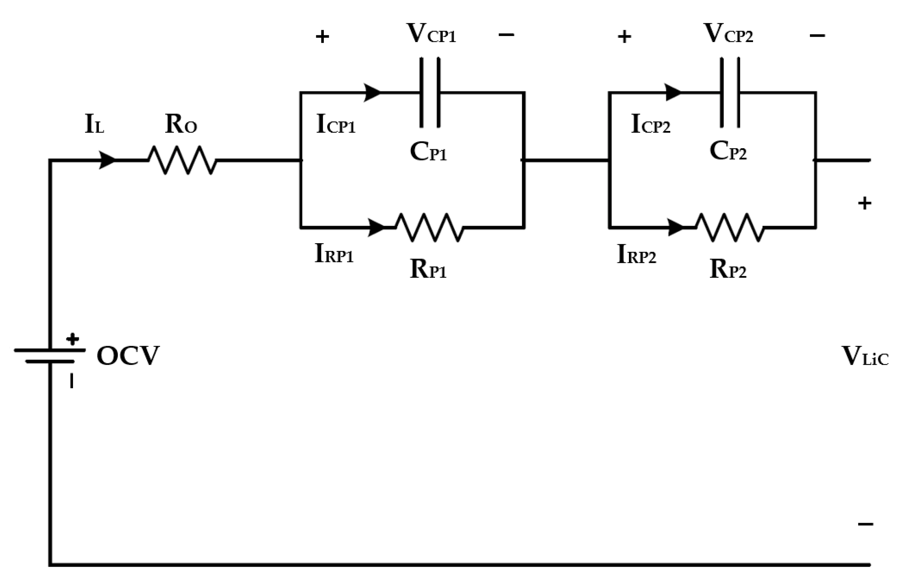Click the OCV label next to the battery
tap(128, 356)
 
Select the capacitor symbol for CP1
tap(430, 92)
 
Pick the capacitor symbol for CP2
tap(730, 92)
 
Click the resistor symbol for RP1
tap(430, 227)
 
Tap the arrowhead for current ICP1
tap(372, 92)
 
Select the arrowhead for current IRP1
tap(376, 227)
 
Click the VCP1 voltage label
tap(431, 34)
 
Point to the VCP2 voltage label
tap(728, 34)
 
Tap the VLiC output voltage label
tap(864, 356)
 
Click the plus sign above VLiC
tap(865, 204)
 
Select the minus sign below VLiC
tap(865, 524)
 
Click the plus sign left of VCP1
tap(322, 37)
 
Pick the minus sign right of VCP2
tap(817, 36)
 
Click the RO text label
tap(181, 124)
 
